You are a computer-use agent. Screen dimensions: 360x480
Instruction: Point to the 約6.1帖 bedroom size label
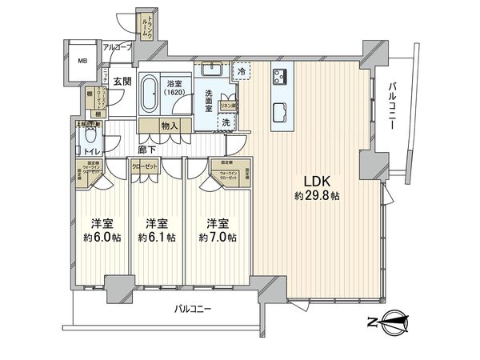(x=158, y=237)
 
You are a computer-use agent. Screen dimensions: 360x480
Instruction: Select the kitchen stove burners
(x=281, y=78)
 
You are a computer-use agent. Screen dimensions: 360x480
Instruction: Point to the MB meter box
(x=82, y=59)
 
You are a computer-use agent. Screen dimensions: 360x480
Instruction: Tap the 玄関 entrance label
(x=122, y=81)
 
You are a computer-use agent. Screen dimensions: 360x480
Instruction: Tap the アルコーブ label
(x=118, y=47)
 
